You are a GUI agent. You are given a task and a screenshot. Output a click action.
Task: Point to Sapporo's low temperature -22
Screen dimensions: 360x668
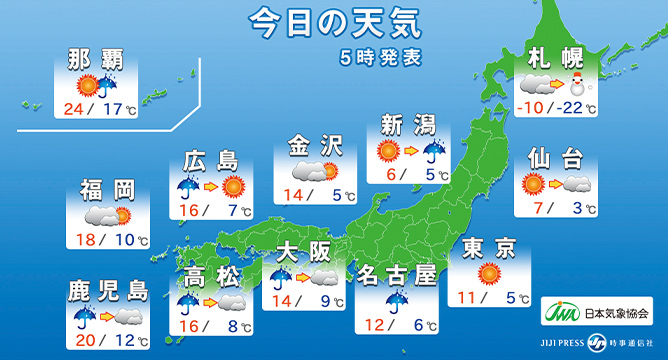(577, 109)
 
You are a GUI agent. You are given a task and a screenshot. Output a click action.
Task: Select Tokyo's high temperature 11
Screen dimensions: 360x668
(469, 297)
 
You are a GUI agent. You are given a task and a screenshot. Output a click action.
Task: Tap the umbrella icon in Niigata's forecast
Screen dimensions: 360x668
(433, 152)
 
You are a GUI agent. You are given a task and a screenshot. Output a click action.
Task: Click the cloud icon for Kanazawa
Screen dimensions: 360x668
(319, 171)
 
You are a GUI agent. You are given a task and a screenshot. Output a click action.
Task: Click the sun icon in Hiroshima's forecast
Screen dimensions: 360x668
(233, 185)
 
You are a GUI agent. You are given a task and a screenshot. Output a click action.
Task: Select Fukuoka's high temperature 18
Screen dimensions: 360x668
(83, 240)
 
